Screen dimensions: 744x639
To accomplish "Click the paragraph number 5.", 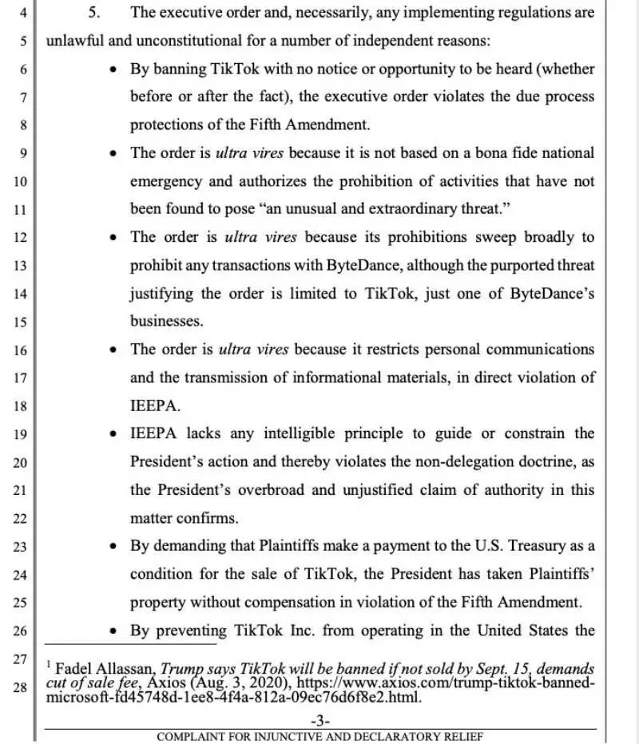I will point(93,13).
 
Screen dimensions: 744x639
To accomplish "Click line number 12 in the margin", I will point(21,237).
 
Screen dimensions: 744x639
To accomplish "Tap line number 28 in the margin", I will point(21,687).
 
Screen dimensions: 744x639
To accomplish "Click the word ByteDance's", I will point(552,293).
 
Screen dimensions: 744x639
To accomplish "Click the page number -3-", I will point(319,721).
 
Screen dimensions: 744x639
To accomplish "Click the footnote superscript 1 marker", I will point(49,664).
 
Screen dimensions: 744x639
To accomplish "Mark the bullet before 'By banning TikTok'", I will point(113,69).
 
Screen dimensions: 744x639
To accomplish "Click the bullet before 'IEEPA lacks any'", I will point(113,434).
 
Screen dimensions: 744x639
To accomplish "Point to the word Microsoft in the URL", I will point(75,697).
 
